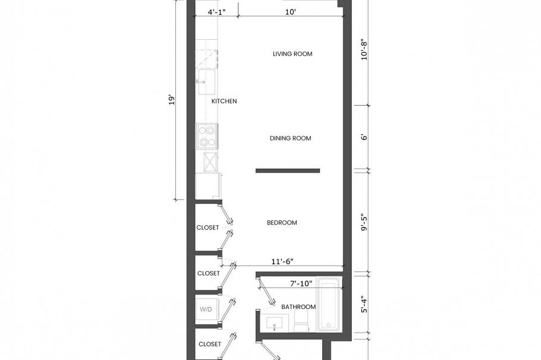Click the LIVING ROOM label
292,54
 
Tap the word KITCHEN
224,101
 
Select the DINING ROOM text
290,138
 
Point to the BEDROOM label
282,223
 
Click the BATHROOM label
298,307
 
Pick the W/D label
206,309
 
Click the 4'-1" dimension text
217,11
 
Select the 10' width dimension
290,11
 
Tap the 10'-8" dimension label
365,49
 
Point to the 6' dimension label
365,137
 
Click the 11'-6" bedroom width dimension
282,261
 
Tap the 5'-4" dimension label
365,302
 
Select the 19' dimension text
172,99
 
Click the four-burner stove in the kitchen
207,136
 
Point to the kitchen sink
207,81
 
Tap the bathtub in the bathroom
328,305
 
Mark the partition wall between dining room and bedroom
288,171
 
